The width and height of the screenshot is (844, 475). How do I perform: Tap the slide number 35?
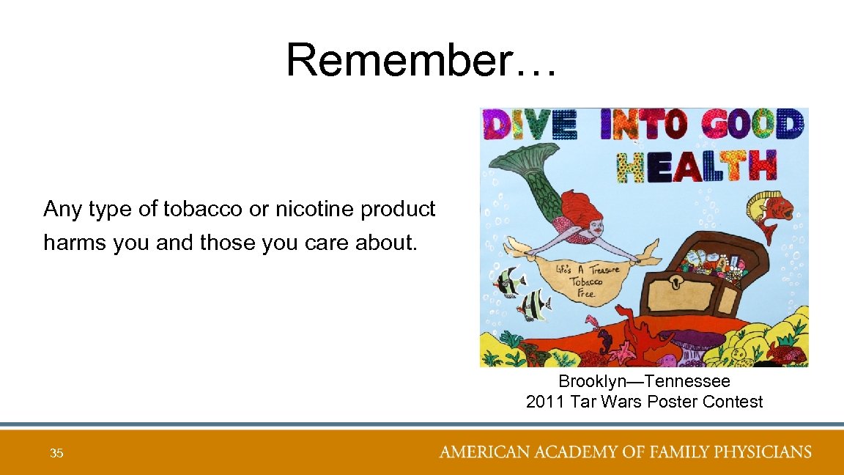pyautogui.click(x=56, y=454)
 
